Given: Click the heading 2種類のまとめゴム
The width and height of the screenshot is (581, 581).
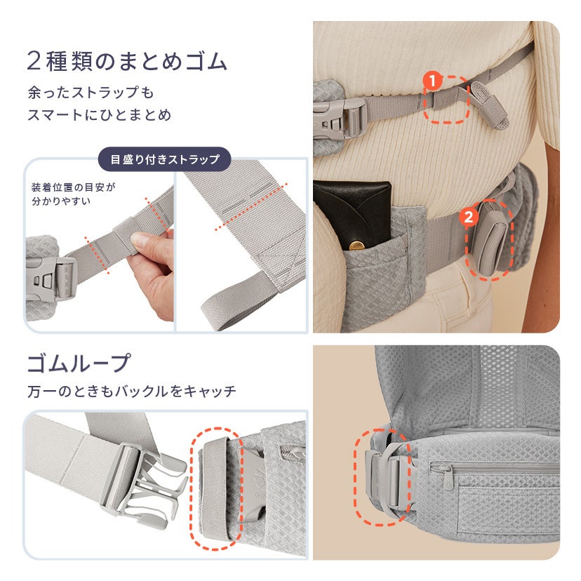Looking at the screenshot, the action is click(x=127, y=61).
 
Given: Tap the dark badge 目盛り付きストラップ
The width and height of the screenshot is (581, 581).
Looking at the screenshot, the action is click(x=164, y=159).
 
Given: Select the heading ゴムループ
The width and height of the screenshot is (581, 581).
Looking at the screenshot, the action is click(x=79, y=363).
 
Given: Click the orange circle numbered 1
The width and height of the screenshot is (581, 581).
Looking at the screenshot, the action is click(x=432, y=81).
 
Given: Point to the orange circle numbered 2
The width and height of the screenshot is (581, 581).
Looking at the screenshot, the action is click(x=468, y=216).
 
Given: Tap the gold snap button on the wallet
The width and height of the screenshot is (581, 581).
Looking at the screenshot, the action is click(x=357, y=245).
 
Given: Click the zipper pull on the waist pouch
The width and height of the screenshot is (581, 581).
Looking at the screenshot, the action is click(x=448, y=474).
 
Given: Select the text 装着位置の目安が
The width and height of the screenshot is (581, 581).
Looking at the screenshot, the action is click(x=74, y=187).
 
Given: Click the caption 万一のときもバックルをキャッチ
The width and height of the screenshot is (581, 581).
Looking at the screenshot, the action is click(x=131, y=392).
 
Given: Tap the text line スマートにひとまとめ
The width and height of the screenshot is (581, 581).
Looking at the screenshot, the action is click(x=100, y=114).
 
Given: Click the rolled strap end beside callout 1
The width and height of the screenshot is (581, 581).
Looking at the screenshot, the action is click(x=489, y=105).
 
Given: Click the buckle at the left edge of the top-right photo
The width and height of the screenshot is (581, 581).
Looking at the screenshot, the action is click(x=340, y=118).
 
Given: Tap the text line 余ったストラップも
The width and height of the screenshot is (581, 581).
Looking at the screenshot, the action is click(x=91, y=92).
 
